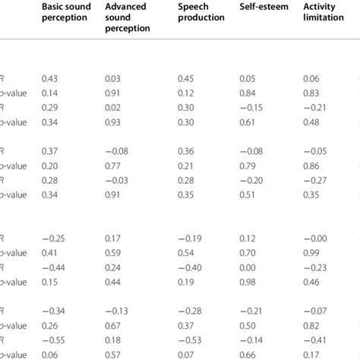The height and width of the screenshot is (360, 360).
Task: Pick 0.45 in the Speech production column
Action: [186, 79]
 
